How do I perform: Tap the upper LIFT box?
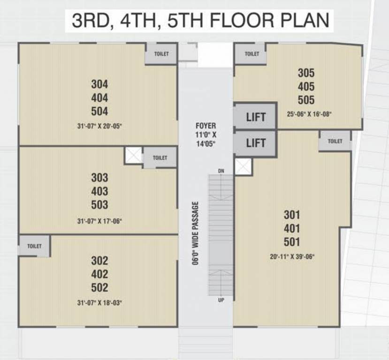point(256,117)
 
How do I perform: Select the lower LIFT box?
point(256,142)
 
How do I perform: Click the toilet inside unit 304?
point(161,54)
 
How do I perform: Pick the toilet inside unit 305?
point(252,54)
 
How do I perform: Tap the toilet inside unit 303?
point(160,157)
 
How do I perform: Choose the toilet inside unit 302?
point(34,246)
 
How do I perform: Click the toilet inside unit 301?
point(335,141)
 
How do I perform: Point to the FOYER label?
point(206,126)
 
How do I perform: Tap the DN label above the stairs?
point(221,172)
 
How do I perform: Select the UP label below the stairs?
point(221,300)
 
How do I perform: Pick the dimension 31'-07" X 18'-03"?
point(99,303)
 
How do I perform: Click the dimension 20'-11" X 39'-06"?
point(292,256)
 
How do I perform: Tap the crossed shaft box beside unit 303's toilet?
point(133,155)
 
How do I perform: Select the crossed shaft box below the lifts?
point(243,166)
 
